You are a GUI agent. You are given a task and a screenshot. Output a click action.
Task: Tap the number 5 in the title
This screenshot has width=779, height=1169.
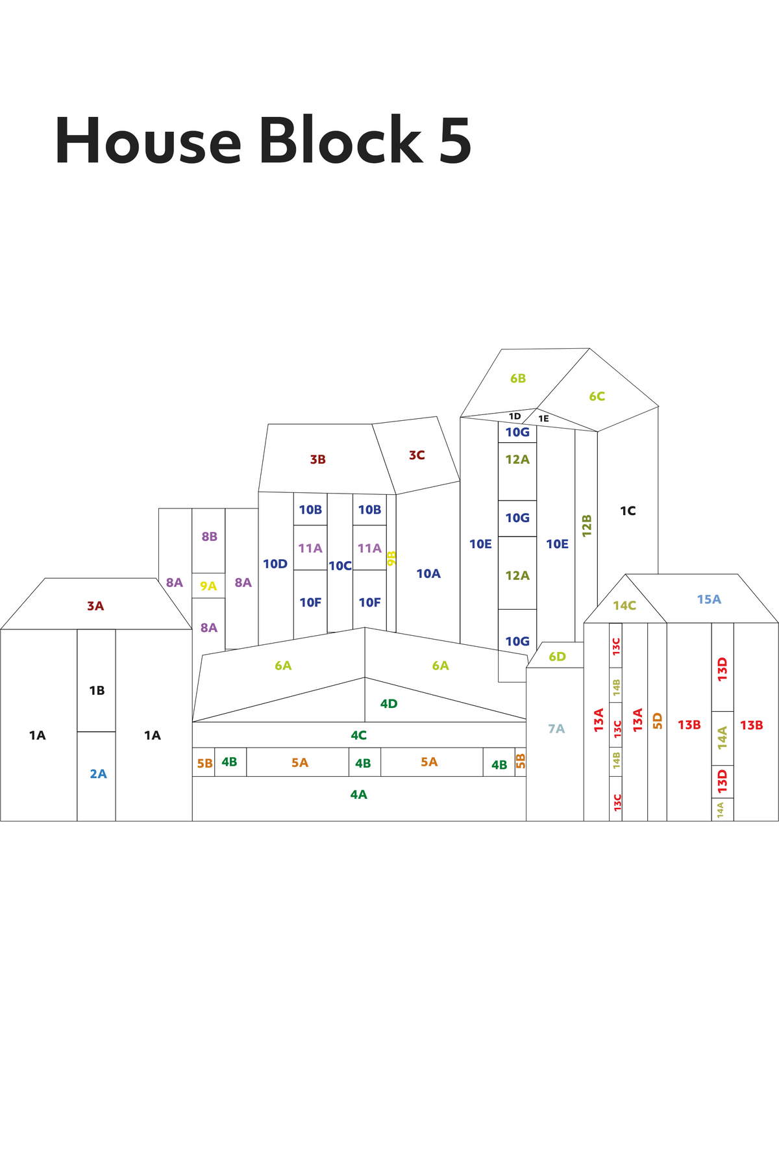(x=455, y=141)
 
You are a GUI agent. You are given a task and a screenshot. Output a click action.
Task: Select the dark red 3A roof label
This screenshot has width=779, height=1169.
(x=95, y=606)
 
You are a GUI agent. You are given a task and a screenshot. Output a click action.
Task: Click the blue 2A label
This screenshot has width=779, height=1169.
(x=98, y=773)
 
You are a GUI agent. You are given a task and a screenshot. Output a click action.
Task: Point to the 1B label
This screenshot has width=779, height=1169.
(x=97, y=690)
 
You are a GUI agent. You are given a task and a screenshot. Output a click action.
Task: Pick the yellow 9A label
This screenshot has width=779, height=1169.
(x=208, y=586)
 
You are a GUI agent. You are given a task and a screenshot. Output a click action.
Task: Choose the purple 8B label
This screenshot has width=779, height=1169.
(x=209, y=536)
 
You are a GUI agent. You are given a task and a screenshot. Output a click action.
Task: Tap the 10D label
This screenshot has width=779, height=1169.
(x=275, y=564)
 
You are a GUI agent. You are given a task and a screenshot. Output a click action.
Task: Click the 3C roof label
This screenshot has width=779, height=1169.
(x=417, y=455)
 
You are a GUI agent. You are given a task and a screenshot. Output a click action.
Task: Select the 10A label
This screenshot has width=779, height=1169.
(x=428, y=573)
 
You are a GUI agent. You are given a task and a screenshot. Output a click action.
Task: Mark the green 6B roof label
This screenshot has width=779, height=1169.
(x=518, y=378)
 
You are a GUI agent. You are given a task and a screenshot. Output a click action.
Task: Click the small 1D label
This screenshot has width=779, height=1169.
(x=515, y=416)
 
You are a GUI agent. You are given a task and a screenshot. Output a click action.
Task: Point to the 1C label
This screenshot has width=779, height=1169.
(x=628, y=511)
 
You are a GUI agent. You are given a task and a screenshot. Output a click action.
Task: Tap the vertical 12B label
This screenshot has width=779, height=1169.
(x=587, y=525)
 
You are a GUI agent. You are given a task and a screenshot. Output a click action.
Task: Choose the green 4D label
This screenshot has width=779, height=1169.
(x=389, y=703)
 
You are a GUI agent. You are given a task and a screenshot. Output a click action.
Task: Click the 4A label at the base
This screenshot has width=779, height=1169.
(x=358, y=794)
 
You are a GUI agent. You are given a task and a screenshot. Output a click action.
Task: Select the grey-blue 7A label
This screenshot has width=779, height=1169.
(x=556, y=729)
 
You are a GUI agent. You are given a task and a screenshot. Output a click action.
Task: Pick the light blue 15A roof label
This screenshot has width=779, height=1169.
(x=709, y=599)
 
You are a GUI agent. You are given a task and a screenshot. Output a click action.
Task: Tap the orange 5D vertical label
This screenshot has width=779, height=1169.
(x=658, y=721)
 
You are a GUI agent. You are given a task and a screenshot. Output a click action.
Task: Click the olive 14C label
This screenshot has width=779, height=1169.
(x=624, y=606)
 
